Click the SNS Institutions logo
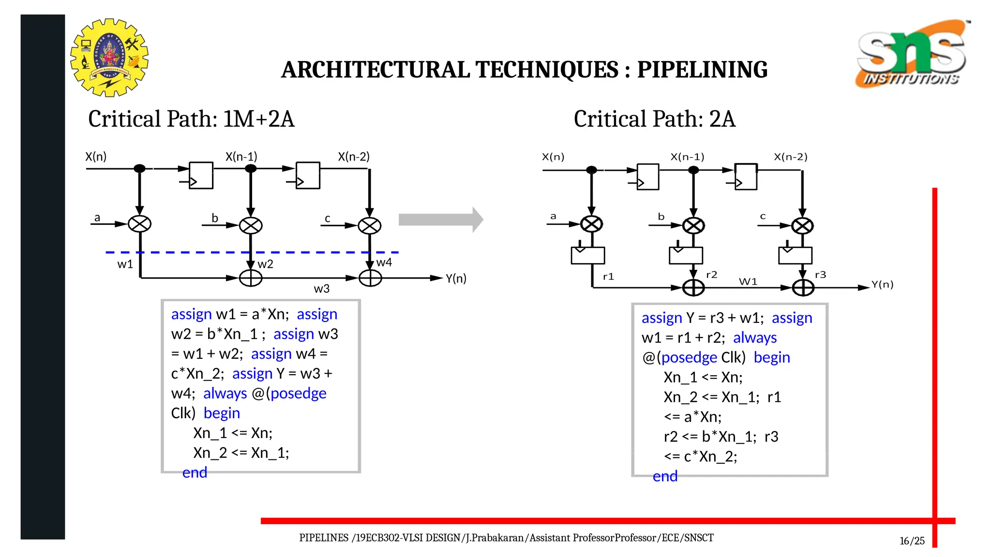click(912, 53)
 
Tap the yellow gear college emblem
click(109, 58)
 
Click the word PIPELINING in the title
click(702, 70)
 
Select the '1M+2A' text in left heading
click(258, 119)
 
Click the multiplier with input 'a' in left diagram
click(140, 224)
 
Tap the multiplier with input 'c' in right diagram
click(802, 226)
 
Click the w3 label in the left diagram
click(321, 289)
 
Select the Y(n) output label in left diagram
click(456, 278)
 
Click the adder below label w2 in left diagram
click(251, 278)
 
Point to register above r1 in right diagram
click(588, 255)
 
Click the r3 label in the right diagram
click(820, 275)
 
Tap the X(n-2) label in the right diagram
click(790, 157)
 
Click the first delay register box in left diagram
click(201, 176)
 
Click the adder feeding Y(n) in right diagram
click(803, 288)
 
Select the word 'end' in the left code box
click(195, 472)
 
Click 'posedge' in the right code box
click(689, 357)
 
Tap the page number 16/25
click(912, 541)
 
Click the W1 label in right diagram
click(748, 281)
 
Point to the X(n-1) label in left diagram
click(241, 157)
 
